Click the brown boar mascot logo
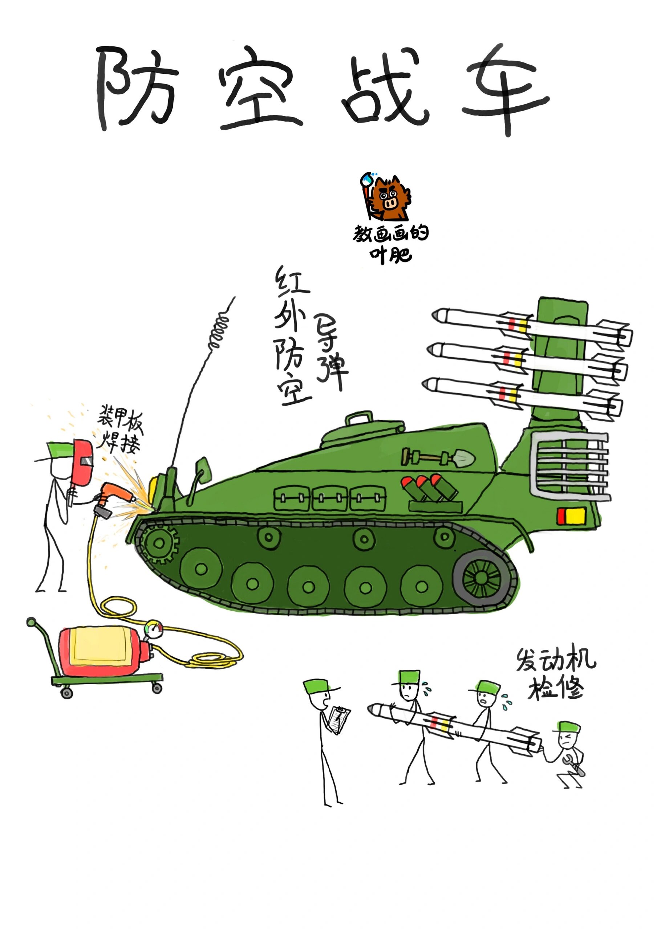389,198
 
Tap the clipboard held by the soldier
338,718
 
